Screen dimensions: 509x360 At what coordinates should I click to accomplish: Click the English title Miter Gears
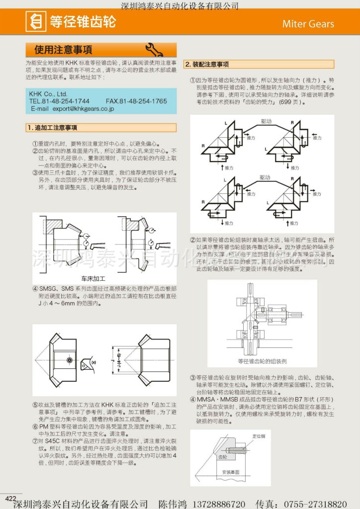pos(308,24)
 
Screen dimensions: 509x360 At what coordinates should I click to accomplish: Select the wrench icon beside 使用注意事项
pos(154,49)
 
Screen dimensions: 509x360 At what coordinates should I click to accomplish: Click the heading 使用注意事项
pos(63,50)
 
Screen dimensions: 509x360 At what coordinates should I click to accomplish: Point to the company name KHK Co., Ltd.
pos(48,93)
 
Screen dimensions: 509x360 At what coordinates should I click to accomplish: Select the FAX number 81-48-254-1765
pos(143,101)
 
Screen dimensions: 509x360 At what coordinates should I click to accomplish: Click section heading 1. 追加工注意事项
pos(52,128)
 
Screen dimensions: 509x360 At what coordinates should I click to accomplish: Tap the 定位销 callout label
pos(259,435)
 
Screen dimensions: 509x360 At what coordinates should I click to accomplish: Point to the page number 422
pos(11,499)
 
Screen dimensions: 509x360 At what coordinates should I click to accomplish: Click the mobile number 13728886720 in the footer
pos(217,504)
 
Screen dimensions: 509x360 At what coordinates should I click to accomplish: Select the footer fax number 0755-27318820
pos(320,504)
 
